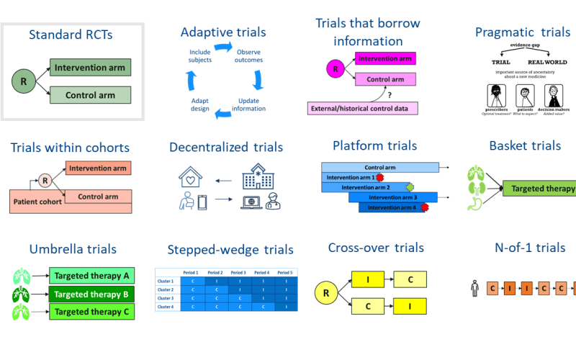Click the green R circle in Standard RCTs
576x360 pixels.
pos(24,81)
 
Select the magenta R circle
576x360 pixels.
pos(334,70)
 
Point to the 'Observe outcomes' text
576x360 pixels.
pos(248,57)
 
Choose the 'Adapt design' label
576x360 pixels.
pos(200,104)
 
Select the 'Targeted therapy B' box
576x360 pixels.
pos(91,294)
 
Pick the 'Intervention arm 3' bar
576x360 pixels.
pos(402,197)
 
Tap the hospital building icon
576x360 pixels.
pos(258,176)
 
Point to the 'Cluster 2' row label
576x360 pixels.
pos(166,289)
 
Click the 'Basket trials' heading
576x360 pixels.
pos(524,146)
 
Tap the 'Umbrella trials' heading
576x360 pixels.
pos(73,249)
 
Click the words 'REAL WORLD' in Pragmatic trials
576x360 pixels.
pos(549,62)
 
